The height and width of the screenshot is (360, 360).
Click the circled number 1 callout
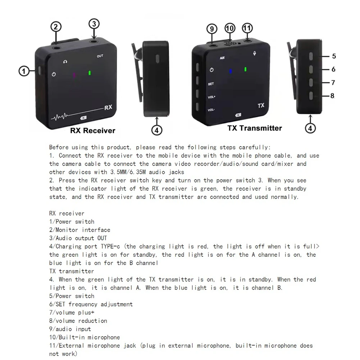point(23,71)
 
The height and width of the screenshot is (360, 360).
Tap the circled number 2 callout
point(56,26)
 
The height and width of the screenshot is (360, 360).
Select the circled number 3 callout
point(94,24)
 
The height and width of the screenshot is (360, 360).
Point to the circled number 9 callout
point(211,28)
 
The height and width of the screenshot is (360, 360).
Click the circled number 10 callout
point(229,28)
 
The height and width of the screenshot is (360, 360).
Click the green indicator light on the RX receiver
point(89,73)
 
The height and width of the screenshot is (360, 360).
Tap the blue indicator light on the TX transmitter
point(231,71)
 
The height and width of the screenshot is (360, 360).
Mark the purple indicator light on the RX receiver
point(74,75)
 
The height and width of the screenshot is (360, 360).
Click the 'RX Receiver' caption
point(93,131)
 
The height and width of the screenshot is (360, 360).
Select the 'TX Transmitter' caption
point(254,128)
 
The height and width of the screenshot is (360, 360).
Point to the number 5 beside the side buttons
point(334,56)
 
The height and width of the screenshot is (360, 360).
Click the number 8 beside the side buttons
point(332,96)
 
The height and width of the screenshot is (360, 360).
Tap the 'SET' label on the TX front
point(211,84)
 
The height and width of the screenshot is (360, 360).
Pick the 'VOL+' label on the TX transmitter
point(211,97)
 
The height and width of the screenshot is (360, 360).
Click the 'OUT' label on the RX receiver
point(100,56)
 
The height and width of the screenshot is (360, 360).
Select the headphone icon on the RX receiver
point(65,62)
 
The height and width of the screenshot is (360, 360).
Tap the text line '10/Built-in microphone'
point(84,337)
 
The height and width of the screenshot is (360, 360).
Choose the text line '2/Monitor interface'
point(79,230)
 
